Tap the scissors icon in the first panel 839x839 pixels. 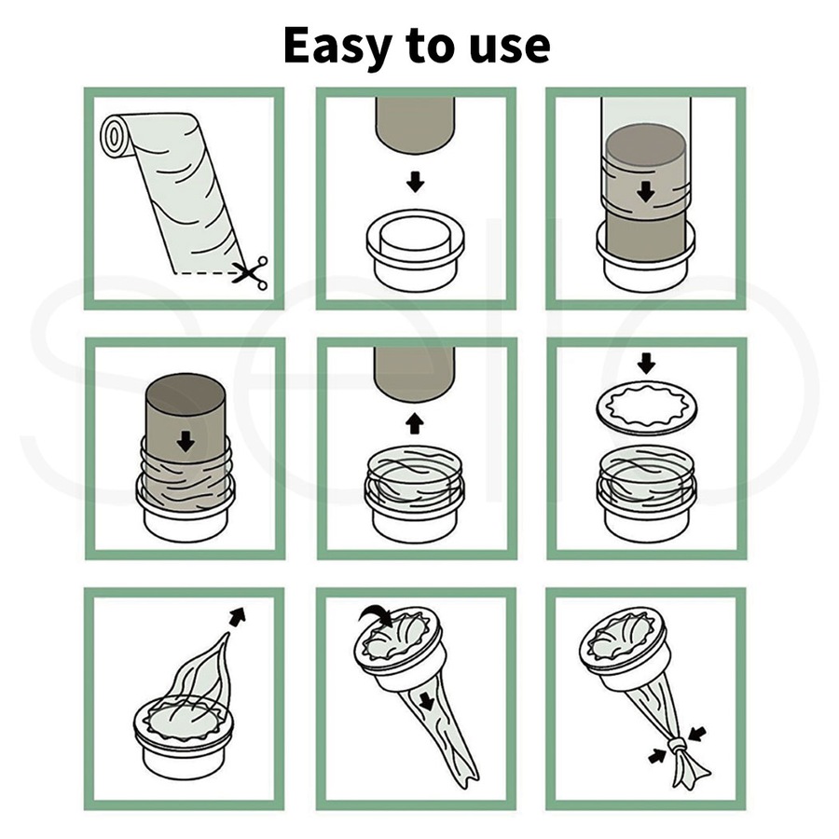250,272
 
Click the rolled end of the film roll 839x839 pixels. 116,136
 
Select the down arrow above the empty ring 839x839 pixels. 416,181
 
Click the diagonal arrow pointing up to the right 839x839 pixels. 239,615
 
